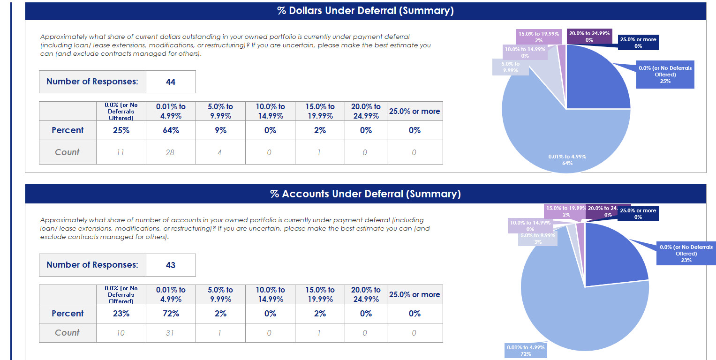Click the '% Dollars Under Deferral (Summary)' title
pos(365,11)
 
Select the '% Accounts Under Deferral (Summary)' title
pos(365,194)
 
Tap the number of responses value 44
pos(171,82)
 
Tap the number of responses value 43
pos(171,265)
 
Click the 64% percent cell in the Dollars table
pos(171,130)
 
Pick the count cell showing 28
pos(171,152)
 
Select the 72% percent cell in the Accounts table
pos(171,314)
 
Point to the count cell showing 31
pos(171,333)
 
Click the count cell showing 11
pos(121,152)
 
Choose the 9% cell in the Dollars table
pos(220,130)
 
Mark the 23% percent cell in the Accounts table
pos(121,314)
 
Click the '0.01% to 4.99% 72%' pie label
pos(526,351)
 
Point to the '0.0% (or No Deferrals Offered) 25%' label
pos(665,75)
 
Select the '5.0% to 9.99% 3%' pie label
pos(538,239)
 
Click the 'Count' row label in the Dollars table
pos(68,152)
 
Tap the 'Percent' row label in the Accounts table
pos(68,314)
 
